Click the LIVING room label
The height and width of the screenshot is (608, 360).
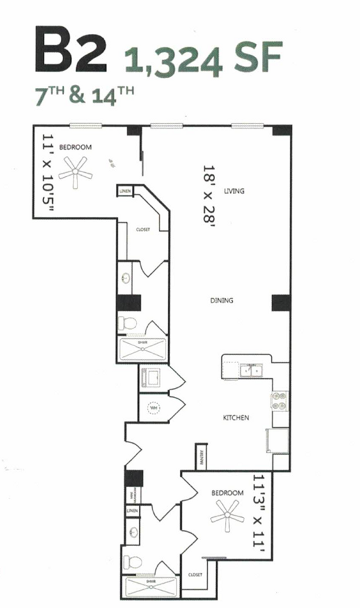(x=234, y=191)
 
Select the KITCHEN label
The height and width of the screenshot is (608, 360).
(x=236, y=417)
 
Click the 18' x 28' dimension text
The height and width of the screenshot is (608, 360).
(x=210, y=194)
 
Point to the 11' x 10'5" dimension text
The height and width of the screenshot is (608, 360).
(x=49, y=173)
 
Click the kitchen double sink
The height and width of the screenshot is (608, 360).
(x=250, y=370)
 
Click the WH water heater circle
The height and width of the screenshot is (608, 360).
(x=153, y=408)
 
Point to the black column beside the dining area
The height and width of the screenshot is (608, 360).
(x=280, y=303)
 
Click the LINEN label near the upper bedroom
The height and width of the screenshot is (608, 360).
(x=125, y=191)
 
